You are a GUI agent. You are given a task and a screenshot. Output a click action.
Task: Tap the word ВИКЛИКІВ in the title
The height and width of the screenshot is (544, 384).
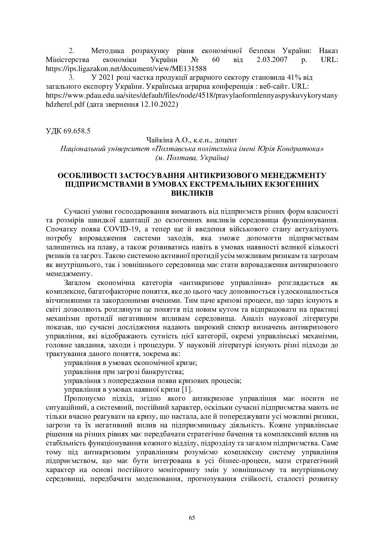pos(192,193)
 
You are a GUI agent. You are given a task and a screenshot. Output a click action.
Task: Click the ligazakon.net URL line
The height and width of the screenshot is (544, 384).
pos(126,68)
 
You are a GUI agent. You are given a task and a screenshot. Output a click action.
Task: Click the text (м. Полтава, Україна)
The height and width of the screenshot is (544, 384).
pos(192,158)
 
